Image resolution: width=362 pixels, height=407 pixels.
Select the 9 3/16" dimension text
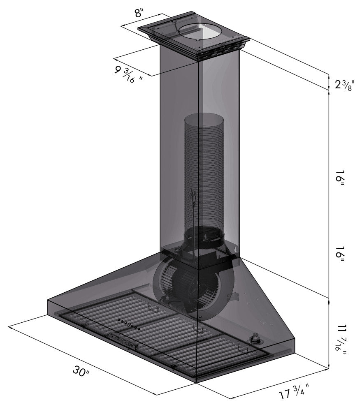click(128, 74)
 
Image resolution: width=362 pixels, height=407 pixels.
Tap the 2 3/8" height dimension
click(343, 85)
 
